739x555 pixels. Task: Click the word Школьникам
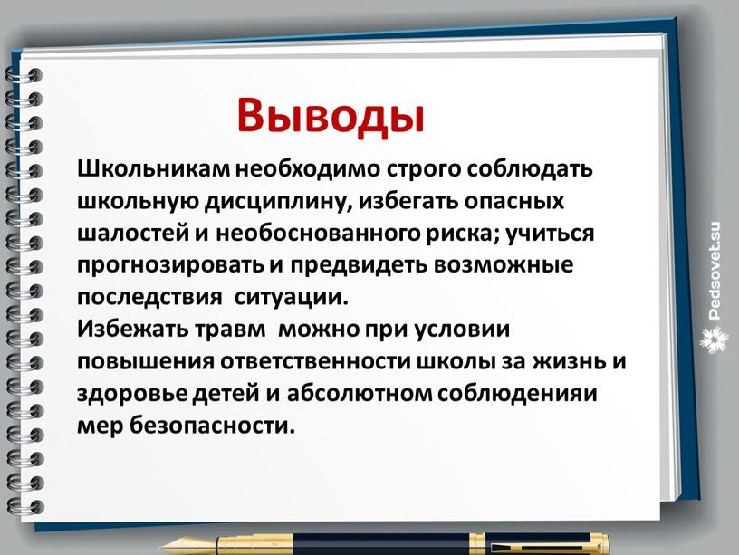154,168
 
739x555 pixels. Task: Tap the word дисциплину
279,202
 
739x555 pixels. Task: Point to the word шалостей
133,234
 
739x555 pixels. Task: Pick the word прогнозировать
170,265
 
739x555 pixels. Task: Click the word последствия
149,298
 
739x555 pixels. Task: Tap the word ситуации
291,298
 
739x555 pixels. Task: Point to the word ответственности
316,362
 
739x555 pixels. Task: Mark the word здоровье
133,394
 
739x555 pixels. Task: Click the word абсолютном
360,394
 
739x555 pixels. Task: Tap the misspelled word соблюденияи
517,394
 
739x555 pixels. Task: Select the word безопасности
212,426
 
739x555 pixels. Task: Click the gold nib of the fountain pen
188,547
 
